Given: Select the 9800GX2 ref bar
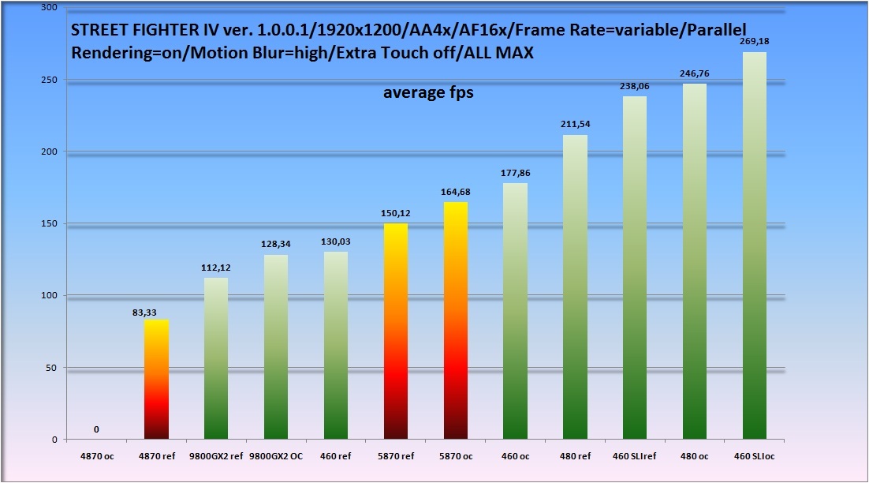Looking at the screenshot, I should tap(215, 358).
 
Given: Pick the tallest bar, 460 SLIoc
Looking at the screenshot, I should tap(754, 245).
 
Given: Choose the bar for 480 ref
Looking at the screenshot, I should tap(575, 287).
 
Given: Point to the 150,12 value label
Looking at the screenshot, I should tap(395, 213).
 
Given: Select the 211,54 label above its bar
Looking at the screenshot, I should tap(575, 125).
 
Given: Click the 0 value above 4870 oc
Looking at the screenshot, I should tap(96, 429).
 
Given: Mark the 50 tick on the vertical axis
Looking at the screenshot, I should tap(51, 368).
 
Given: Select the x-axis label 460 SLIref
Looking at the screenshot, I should tap(634, 455).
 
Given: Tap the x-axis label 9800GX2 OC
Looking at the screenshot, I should tap(275, 455).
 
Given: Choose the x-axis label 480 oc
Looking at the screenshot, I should tap(694, 455).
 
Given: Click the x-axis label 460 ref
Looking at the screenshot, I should tap(335, 455).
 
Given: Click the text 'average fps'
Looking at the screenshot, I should tap(428, 92).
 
